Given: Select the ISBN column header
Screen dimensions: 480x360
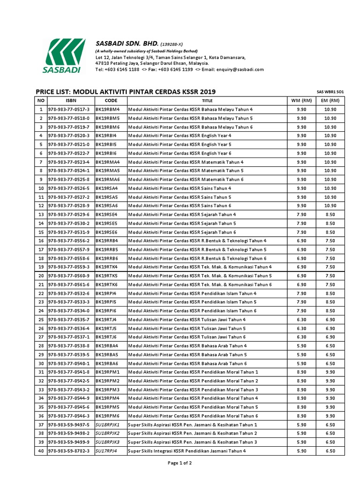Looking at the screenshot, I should coord(70,100).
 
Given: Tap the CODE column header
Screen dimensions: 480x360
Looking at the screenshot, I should coord(111,100).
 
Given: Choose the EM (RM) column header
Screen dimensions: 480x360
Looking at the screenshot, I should coord(330,100).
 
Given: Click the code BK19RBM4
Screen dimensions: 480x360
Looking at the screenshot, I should coord(108,109).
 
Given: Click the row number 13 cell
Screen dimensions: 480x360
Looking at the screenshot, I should coord(41,215).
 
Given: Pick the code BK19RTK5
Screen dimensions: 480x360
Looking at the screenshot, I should coord(107,276).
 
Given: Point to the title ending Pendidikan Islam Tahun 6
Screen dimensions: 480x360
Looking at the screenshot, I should coord(192,311).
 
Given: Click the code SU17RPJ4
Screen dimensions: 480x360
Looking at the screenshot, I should coord(106,451).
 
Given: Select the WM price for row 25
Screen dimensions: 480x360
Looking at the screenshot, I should coord(301,320).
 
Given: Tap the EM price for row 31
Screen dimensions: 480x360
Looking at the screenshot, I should coord(330,372).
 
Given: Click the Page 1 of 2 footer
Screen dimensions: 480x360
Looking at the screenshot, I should coord(180,463).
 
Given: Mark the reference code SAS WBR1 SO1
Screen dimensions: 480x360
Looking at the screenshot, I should coord(330,92).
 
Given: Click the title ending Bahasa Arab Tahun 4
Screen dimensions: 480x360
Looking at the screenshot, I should coord(187,346).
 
